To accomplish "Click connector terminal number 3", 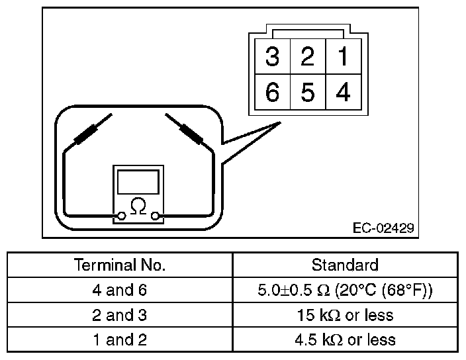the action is (x=272, y=57).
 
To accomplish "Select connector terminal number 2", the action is (x=307, y=57).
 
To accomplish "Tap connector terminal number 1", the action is (x=343, y=57).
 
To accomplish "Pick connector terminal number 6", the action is (x=272, y=93).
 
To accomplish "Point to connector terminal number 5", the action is (x=307, y=93).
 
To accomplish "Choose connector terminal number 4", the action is (x=343, y=93).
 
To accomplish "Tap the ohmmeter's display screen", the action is (x=138, y=181).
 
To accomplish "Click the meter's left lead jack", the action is (x=121, y=216).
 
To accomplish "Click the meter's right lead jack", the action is (x=156, y=216).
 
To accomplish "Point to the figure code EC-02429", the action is (x=383, y=228).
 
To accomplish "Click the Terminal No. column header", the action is (x=120, y=265).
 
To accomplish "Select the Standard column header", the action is (x=345, y=265).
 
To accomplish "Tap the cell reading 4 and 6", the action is (x=120, y=290).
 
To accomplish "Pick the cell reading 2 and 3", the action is (x=120, y=315).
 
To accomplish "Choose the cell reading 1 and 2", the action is (x=120, y=339).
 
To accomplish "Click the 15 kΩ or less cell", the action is (x=345, y=315).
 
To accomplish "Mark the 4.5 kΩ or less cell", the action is (x=345, y=339).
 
